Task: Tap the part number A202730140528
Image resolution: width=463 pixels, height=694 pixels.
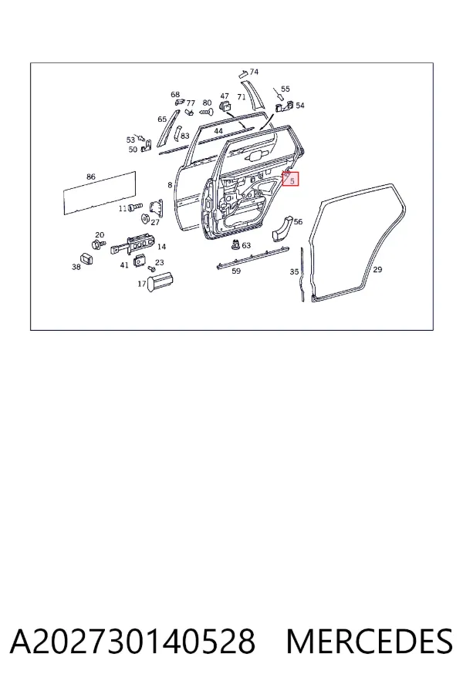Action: [133, 642]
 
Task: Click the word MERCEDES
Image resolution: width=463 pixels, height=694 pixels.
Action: [370, 642]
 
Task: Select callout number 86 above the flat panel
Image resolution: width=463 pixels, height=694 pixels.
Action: [91, 177]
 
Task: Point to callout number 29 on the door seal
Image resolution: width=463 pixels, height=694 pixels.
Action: [377, 269]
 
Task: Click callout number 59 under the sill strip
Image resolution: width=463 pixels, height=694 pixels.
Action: [236, 271]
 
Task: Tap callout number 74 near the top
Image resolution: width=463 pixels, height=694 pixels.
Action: [254, 72]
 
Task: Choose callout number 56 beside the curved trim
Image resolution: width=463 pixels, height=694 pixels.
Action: [298, 222]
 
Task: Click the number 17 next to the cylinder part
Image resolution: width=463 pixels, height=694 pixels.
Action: [142, 284]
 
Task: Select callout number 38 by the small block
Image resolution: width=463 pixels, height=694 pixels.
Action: [76, 267]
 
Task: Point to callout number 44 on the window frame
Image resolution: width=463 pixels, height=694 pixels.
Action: [218, 131]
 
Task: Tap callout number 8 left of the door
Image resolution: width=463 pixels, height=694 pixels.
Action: [170, 185]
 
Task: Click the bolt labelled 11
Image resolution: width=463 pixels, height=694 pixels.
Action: [135, 207]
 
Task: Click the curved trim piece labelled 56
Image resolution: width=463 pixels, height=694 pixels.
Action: [282, 228]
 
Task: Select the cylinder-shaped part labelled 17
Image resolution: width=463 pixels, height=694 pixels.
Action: [161, 281]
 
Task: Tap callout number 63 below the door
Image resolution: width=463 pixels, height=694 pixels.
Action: [246, 245]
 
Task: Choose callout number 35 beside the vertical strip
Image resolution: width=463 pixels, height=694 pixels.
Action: [294, 271]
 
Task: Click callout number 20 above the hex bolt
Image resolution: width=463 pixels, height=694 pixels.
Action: [100, 235]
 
